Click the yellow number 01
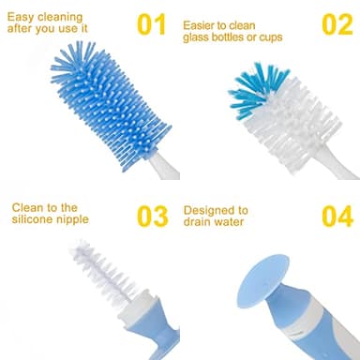[151, 24]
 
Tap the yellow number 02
[336, 24]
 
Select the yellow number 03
[151, 215]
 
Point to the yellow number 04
[336, 215]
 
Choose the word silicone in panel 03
[33, 221]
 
